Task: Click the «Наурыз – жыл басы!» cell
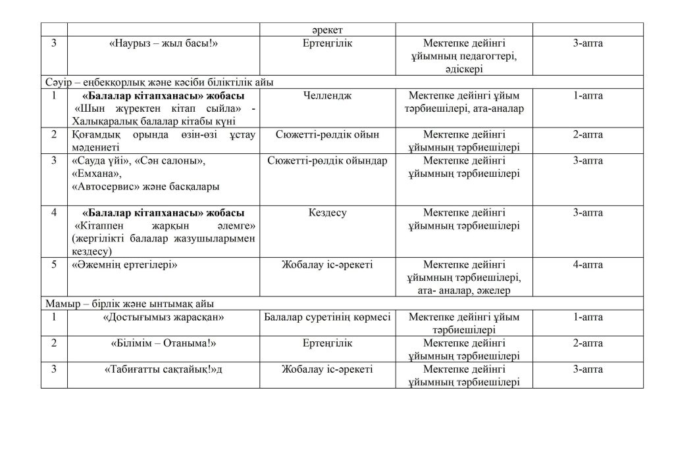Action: pyautogui.click(x=163, y=43)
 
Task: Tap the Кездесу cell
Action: pyautogui.click(x=328, y=212)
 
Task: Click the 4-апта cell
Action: pyautogui.click(x=588, y=264)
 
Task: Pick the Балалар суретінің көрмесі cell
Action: pyautogui.click(x=327, y=317)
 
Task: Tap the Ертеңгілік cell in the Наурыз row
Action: pyautogui.click(x=328, y=43)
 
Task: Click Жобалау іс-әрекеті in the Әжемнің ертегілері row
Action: pyautogui.click(x=328, y=264)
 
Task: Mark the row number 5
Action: pyautogui.click(x=54, y=264)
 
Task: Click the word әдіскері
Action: pyautogui.click(x=464, y=68)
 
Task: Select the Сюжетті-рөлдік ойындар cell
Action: pyautogui.click(x=328, y=160)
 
